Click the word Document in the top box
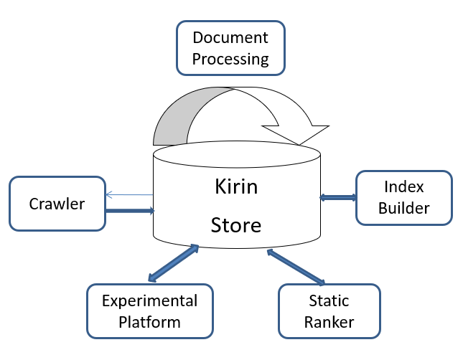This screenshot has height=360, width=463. [x=230, y=37]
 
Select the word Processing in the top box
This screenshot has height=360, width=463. [x=230, y=58]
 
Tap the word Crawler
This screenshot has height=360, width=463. [x=57, y=204]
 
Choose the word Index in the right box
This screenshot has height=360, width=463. [x=404, y=187]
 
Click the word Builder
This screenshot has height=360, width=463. [x=404, y=208]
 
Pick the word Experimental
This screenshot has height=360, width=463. [x=150, y=300]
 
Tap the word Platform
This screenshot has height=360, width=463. [x=150, y=321]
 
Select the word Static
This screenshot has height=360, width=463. [x=329, y=300]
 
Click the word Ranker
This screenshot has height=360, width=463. [x=329, y=321]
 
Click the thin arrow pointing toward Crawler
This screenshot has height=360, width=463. [x=129, y=194]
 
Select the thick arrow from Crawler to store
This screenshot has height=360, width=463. [x=129, y=211]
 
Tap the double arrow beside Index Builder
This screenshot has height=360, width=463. [x=337, y=197]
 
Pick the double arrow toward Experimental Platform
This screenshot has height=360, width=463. [x=173, y=263]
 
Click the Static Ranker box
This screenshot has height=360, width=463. [x=329, y=311]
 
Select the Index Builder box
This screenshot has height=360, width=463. [x=404, y=197]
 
